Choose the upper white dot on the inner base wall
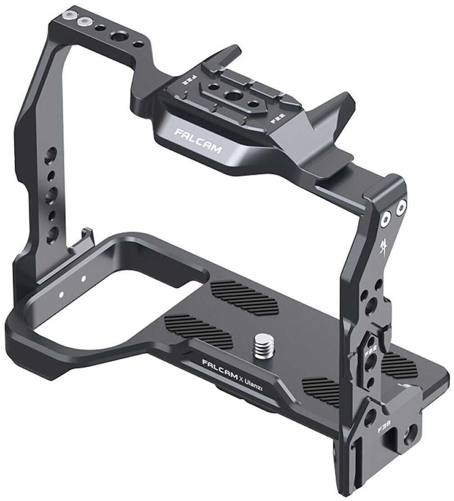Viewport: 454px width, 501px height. (x=83, y=278)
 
